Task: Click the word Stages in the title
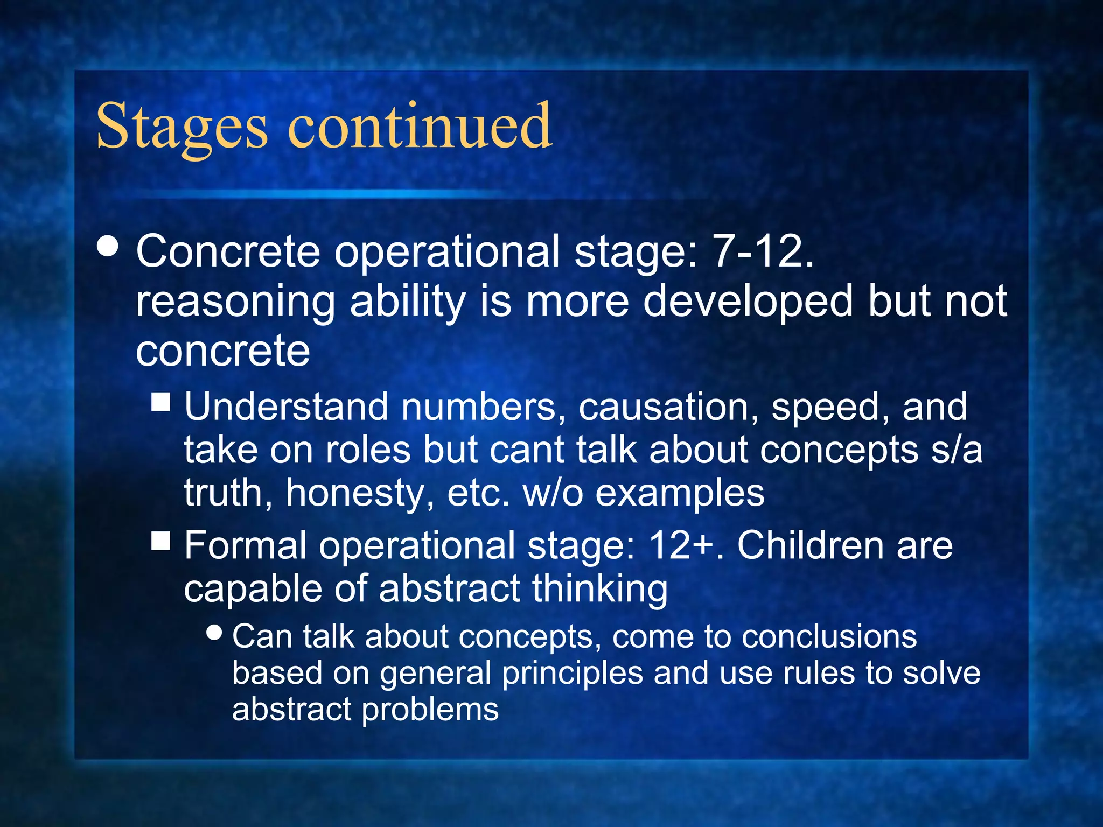(x=181, y=128)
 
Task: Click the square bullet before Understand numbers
(x=161, y=402)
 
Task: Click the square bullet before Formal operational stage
(x=161, y=540)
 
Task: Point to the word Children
(x=811, y=545)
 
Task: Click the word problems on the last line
(x=430, y=709)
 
